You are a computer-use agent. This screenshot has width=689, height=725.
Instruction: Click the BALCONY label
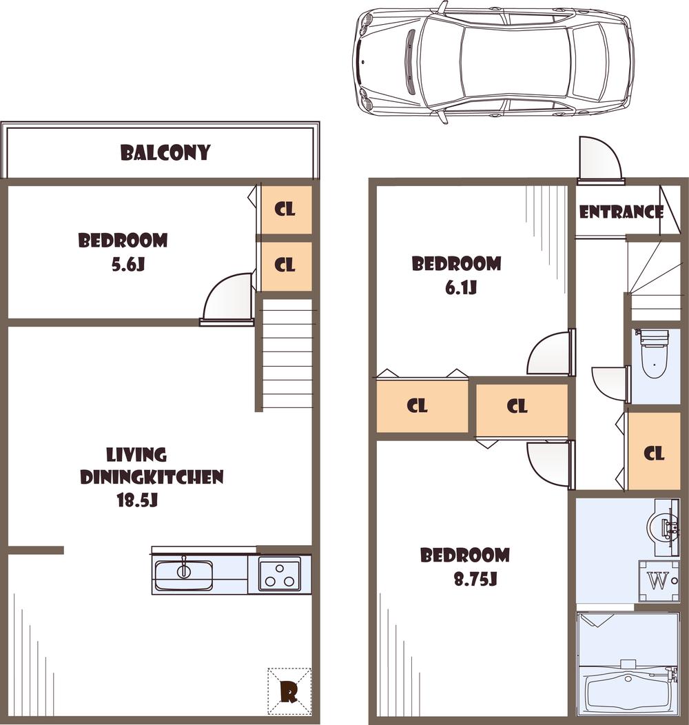(x=165, y=152)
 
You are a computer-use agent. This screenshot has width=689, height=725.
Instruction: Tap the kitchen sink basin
(x=183, y=575)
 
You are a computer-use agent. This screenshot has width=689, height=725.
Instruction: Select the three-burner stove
(x=279, y=573)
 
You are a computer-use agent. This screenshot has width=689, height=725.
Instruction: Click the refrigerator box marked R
(x=289, y=691)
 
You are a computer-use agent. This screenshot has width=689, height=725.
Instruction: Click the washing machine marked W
(x=659, y=581)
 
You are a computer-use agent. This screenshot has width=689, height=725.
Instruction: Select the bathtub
(x=628, y=691)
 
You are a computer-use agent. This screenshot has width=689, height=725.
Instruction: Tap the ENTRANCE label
(x=621, y=212)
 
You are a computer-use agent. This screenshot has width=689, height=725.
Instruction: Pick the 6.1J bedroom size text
(x=461, y=287)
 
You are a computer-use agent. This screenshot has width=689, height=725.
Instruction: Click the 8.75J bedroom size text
(x=475, y=580)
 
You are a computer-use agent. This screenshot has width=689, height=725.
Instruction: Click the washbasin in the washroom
(x=662, y=528)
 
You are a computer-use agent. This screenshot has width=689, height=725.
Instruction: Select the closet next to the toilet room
(x=654, y=453)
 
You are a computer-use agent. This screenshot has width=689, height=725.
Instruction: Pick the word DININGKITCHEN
(x=152, y=477)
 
